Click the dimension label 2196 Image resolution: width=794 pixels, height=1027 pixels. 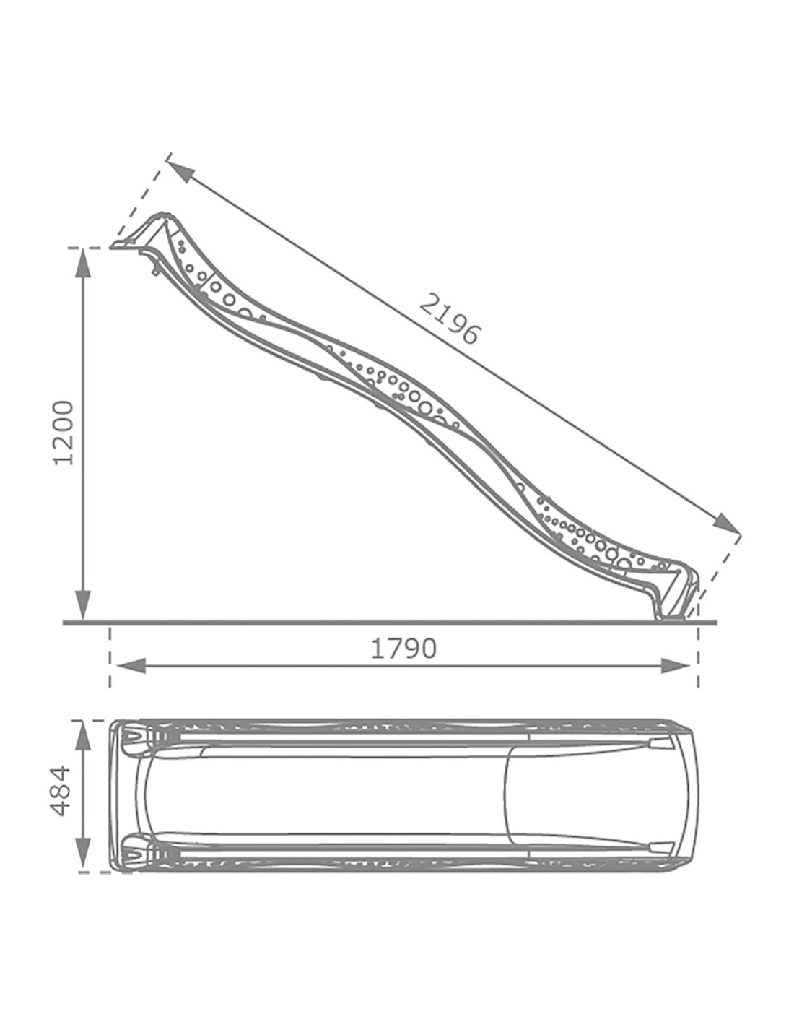tap(449, 319)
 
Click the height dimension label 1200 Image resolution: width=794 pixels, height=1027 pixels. tap(64, 433)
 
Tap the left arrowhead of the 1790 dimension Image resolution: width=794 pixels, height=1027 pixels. tap(133, 666)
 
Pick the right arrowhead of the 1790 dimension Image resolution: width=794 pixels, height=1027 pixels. tap(675, 666)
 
